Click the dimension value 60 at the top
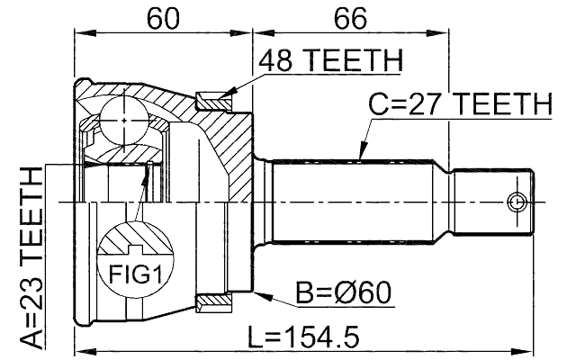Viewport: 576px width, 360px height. pyautogui.click(x=163, y=18)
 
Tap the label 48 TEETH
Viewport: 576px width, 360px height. pyautogui.click(x=329, y=61)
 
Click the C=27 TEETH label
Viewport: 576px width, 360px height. pyautogui.click(x=460, y=104)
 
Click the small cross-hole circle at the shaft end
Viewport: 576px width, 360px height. pyautogui.click(x=517, y=201)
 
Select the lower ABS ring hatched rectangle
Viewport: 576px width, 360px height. pyautogui.click(x=214, y=301)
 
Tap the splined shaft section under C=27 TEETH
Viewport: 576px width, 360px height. pyautogui.click(x=360, y=201)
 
